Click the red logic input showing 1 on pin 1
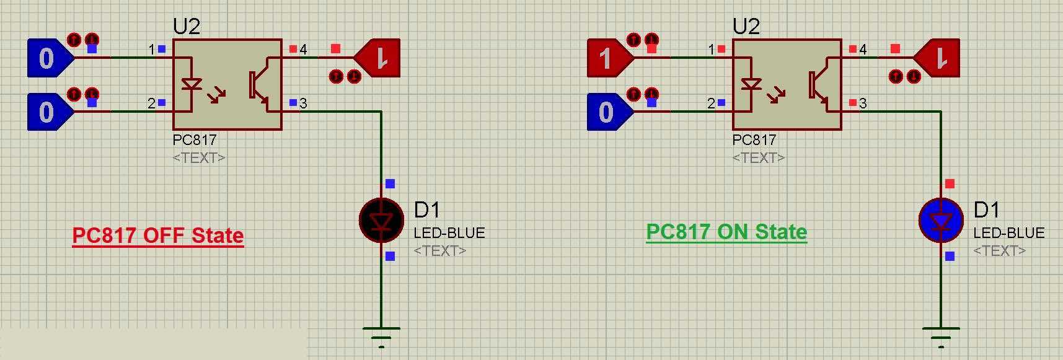click(x=606, y=58)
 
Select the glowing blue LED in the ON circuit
click(x=941, y=220)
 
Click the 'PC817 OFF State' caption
click(x=158, y=235)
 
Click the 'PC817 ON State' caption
click(x=726, y=232)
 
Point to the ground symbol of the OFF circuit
click(x=381, y=335)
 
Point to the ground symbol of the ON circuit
click(x=941, y=335)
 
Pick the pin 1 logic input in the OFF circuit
click(x=46, y=58)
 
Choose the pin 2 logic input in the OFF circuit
click(x=46, y=112)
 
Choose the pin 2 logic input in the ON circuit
click(x=606, y=112)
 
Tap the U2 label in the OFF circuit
click(x=187, y=27)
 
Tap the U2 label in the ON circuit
click(x=746, y=27)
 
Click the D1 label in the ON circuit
click(x=986, y=210)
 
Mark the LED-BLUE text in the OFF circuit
click(x=449, y=233)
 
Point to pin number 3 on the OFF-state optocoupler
click(x=303, y=103)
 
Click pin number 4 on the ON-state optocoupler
click(x=863, y=49)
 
